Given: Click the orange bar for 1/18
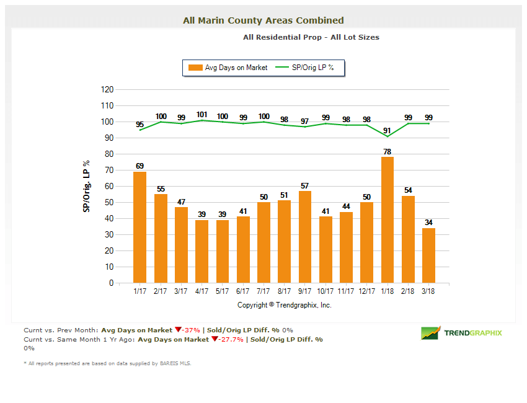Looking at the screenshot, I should click(x=387, y=220).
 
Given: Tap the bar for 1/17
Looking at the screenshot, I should click(x=139, y=227).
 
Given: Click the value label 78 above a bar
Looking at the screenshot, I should click(x=387, y=151).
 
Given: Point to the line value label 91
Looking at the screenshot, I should click(x=387, y=130).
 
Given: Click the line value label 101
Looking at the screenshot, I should click(x=201, y=114).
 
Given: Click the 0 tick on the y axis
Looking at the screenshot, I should click(x=111, y=283).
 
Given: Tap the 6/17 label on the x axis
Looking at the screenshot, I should click(x=243, y=291).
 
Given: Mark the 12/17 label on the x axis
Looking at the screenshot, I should click(x=367, y=291).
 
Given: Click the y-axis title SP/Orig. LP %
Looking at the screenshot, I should click(x=87, y=186).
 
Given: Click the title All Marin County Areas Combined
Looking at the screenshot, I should click(x=263, y=20).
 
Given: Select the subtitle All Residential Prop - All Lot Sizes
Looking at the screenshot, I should click(x=311, y=37).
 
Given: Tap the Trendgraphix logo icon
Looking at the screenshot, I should click(x=430, y=333).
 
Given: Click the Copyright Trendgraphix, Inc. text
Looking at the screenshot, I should click(x=285, y=305).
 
